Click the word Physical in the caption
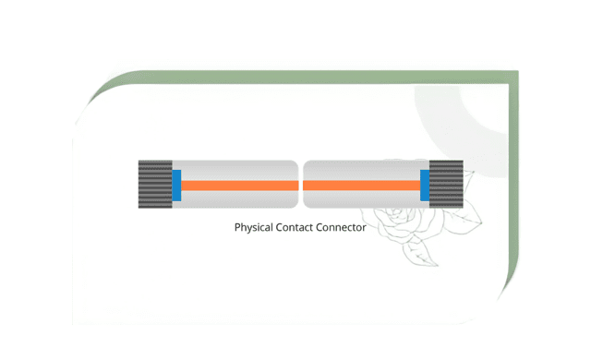click(x=256, y=227)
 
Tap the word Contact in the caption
click(x=301, y=227)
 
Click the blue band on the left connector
click(x=176, y=185)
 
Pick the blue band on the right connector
click(x=425, y=185)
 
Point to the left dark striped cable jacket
click(x=154, y=185)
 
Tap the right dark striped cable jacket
click(x=447, y=185)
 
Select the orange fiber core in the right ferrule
click(x=360, y=185)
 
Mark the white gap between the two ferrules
click(x=301, y=185)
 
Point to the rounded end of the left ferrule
click(x=294, y=185)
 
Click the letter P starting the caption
click(x=238, y=227)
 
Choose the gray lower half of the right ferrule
click(x=360, y=198)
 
